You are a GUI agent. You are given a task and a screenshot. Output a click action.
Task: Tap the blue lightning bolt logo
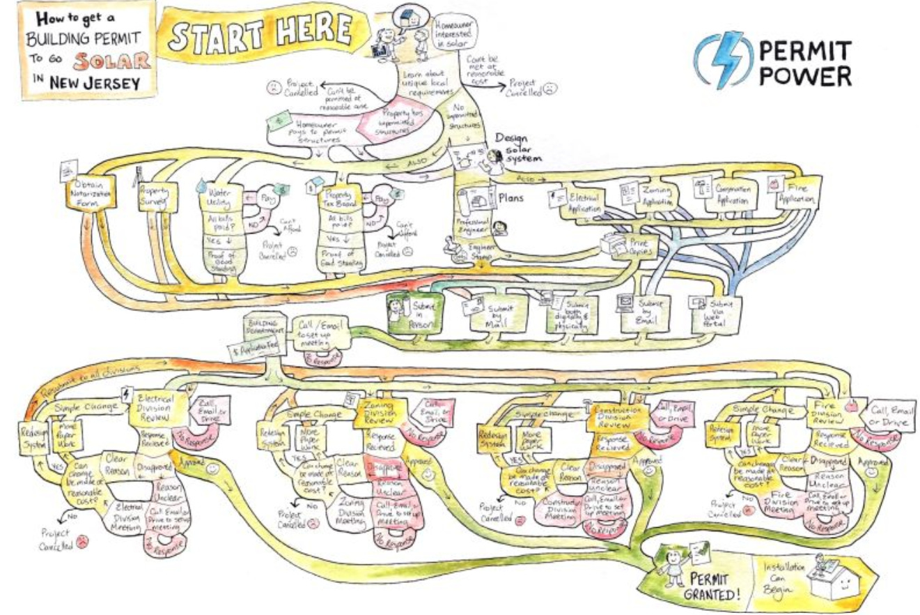point(724,61)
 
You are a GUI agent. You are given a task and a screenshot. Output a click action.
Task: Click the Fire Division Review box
point(827,411)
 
